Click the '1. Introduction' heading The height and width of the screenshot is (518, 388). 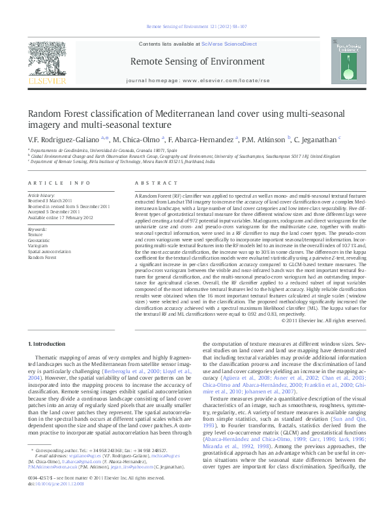[50, 344]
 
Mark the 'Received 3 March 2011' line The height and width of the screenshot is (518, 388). [50, 200]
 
